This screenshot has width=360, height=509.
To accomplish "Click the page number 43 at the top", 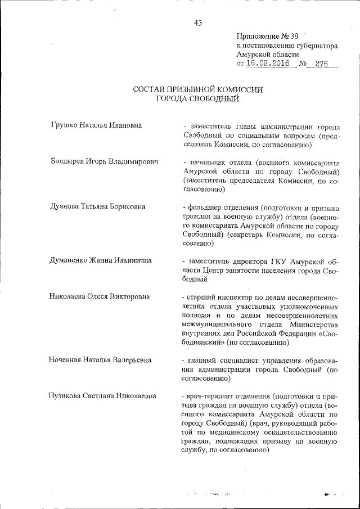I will pyautogui.click(x=197, y=23).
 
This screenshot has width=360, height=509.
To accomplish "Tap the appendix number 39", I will pyautogui.click(x=295, y=35).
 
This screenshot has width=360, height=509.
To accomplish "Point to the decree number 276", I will pyautogui.click(x=322, y=64).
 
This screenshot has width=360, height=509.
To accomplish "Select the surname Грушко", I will pyautogui.click(x=64, y=125).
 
